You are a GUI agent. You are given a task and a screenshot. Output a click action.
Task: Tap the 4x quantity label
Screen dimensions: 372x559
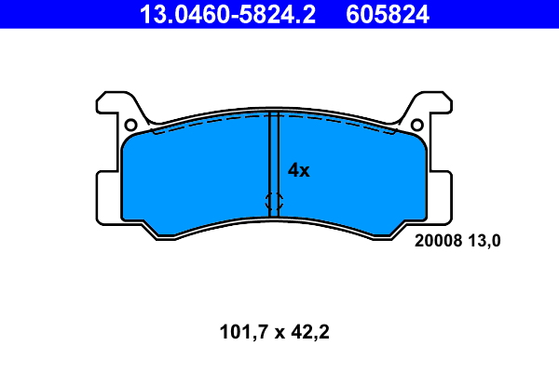coord(298,170)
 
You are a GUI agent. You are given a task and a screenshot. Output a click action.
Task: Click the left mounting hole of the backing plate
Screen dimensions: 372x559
coord(131,125)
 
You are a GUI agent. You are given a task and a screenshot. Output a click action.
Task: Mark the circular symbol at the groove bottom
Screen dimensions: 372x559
coord(274,200)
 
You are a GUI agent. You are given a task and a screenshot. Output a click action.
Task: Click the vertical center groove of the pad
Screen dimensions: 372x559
coord(274,158)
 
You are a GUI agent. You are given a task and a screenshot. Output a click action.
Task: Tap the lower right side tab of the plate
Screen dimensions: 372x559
coord(443,195)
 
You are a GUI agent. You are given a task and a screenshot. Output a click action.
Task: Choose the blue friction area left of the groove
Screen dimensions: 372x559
coord(196,177)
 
